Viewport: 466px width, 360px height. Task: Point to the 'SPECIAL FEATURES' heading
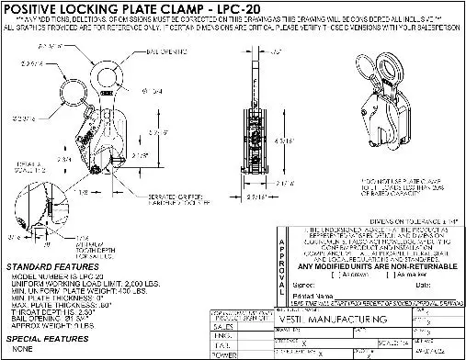(43, 339)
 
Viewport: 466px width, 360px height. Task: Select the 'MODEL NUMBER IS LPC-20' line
(55, 276)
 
